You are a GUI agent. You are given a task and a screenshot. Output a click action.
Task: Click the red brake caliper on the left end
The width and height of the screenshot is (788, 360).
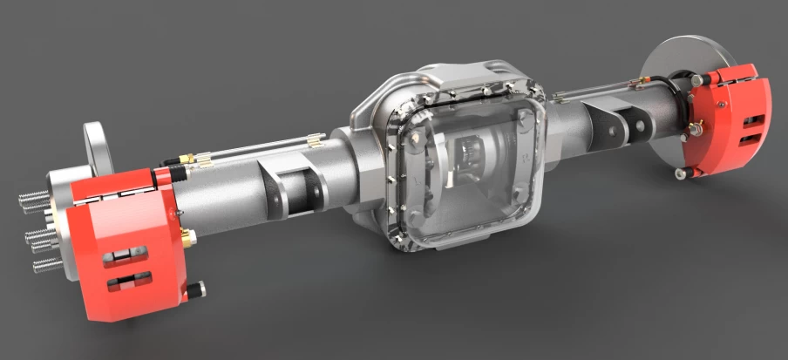131,235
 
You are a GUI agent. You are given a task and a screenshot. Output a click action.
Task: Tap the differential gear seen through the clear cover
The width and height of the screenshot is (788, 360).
475,161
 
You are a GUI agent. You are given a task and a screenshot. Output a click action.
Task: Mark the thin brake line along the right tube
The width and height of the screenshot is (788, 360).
593,87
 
